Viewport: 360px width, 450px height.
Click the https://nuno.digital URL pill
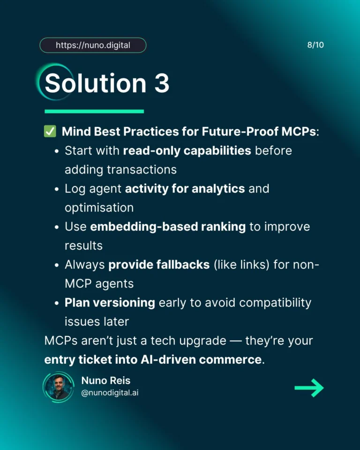pyautogui.click(x=93, y=45)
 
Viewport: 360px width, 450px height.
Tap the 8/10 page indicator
pyautogui.click(x=315, y=45)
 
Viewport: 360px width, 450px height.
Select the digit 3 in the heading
pyautogui.click(x=161, y=83)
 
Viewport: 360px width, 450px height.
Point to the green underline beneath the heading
pyautogui.click(x=94, y=111)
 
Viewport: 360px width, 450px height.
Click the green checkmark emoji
pyautogui.click(x=50, y=132)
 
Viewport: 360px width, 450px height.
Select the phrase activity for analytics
pyautogui.click(x=185, y=188)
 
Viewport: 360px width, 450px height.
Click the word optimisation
pyautogui.click(x=99, y=207)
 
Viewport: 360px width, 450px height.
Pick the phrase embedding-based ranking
pyautogui.click(x=168, y=226)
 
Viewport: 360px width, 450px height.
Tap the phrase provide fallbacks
pyautogui.click(x=159, y=264)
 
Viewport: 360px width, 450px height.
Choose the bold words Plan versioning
pyautogui.click(x=110, y=302)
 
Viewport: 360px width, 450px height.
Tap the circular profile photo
pyautogui.click(x=59, y=387)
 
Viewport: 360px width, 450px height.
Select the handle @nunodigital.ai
pyautogui.click(x=110, y=393)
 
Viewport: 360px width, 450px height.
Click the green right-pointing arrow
pyautogui.click(x=309, y=388)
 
